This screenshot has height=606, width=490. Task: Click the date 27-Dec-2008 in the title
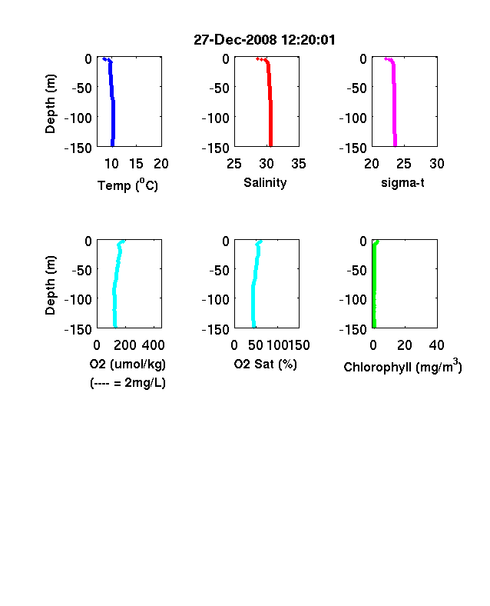click(x=235, y=39)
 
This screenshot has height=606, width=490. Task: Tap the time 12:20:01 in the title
click(x=308, y=39)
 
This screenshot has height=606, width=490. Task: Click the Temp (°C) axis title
click(x=127, y=185)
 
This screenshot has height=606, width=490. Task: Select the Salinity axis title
click(x=265, y=182)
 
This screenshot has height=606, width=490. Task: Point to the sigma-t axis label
click(x=402, y=182)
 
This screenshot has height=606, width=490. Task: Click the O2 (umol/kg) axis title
click(x=127, y=364)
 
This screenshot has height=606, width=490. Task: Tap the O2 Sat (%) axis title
click(x=266, y=364)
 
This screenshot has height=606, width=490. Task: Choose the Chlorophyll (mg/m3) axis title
click(x=402, y=366)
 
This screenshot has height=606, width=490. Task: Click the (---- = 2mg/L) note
click(x=127, y=383)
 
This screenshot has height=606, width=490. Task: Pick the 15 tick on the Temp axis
click(x=136, y=164)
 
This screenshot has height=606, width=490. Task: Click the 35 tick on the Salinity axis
click(x=299, y=164)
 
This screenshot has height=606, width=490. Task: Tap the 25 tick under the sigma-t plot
click(x=403, y=164)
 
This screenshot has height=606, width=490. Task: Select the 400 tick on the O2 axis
click(x=153, y=345)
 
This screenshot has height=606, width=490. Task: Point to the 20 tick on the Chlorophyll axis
click(x=404, y=345)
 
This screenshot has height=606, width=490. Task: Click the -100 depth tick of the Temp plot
click(x=78, y=118)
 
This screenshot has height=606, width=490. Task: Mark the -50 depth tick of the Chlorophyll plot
click(x=356, y=270)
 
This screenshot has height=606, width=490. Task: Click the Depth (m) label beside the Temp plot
click(x=51, y=104)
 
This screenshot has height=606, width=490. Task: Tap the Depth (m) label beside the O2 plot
click(x=51, y=285)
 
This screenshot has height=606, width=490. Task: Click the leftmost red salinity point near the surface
click(x=257, y=58)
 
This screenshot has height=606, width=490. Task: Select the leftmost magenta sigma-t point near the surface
click(x=386, y=58)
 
